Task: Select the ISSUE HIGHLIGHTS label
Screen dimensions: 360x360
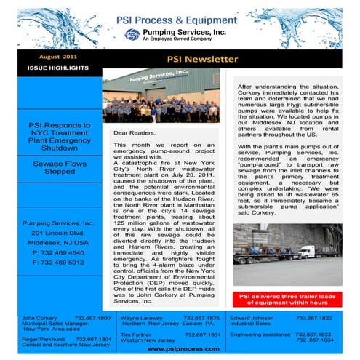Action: click(x=58, y=68)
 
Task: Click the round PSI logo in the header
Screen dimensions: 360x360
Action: click(x=132, y=34)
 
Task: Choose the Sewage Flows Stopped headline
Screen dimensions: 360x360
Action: click(x=59, y=168)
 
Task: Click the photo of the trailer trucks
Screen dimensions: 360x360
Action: click(x=287, y=254)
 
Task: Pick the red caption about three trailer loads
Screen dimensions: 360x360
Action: click(x=289, y=300)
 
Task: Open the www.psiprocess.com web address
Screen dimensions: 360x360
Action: click(x=179, y=348)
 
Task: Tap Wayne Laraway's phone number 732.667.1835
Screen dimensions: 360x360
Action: click(x=202, y=318)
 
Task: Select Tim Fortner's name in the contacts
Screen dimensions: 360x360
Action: click(x=136, y=334)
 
